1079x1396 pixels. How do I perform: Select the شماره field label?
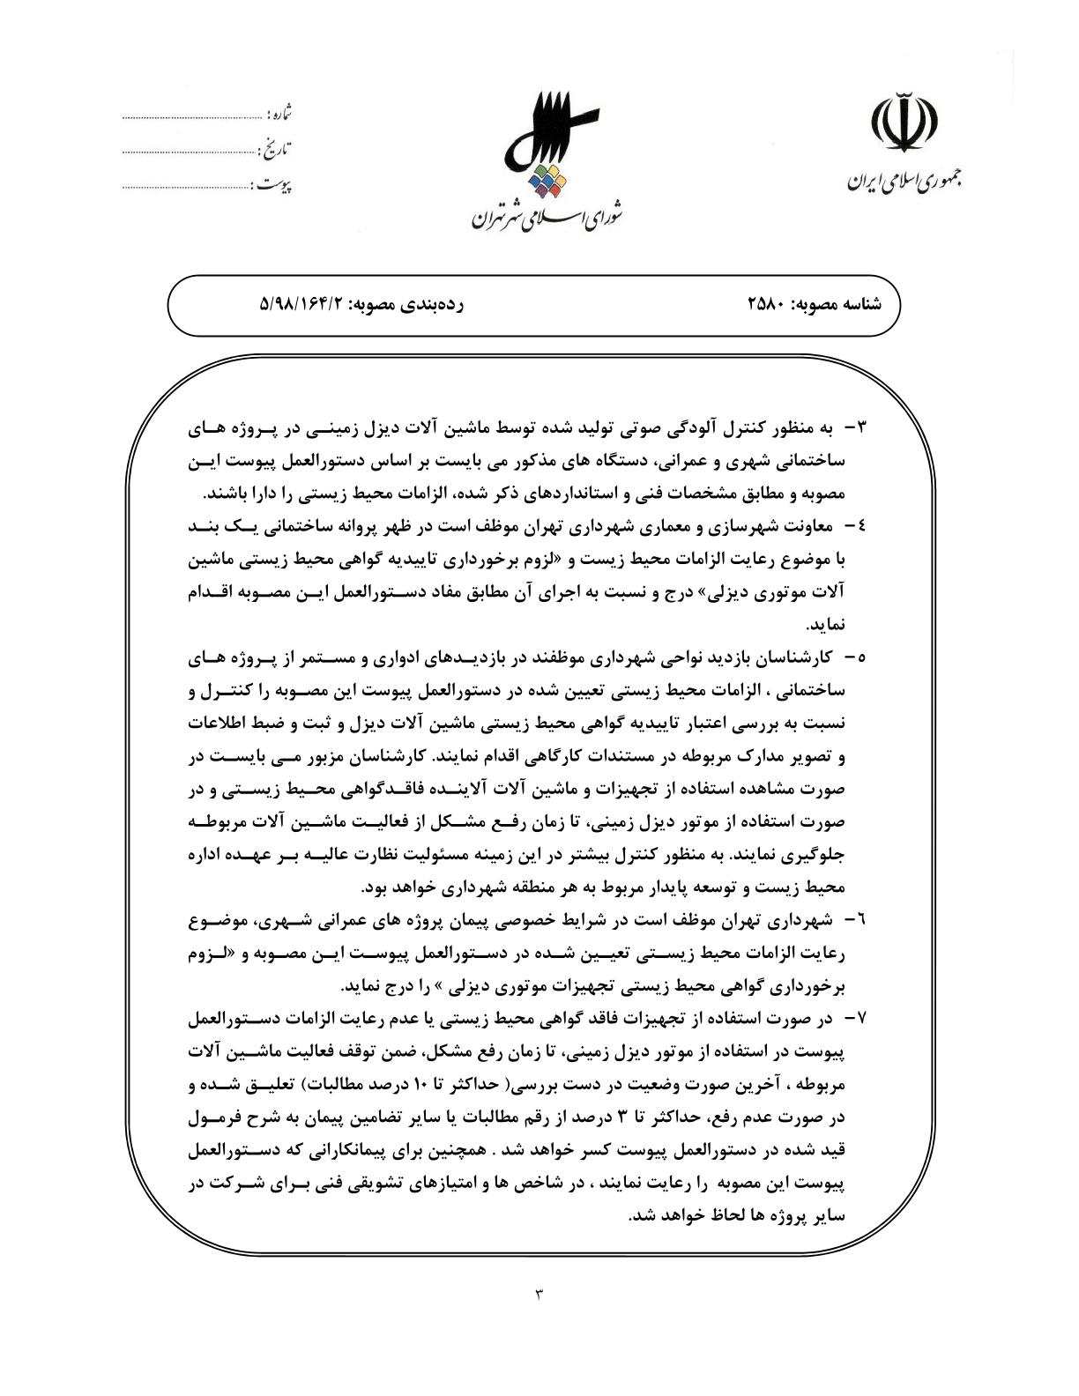coord(279,115)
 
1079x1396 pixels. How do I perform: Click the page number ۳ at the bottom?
coord(539,1293)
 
